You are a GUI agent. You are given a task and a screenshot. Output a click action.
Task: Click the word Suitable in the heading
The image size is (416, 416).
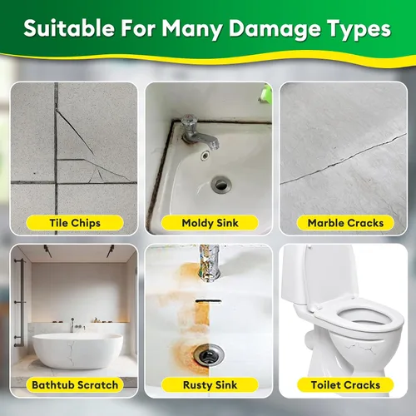pyautogui.click(x=69, y=28)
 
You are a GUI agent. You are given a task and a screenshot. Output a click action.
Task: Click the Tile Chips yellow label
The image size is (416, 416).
pyautogui.click(x=75, y=223)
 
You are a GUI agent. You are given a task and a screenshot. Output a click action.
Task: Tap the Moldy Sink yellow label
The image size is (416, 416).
pyautogui.click(x=210, y=223)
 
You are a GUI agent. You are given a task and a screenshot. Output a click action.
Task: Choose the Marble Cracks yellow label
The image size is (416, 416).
pyautogui.click(x=345, y=223)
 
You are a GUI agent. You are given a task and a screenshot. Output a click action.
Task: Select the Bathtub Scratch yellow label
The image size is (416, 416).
pyautogui.click(x=75, y=385)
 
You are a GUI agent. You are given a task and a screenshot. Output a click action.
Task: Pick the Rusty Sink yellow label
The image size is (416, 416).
pyautogui.click(x=210, y=385)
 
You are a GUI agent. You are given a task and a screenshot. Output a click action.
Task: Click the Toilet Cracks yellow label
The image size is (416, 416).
pyautogui.click(x=345, y=385)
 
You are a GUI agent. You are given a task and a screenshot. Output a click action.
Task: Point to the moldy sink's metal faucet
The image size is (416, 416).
pyautogui.click(x=198, y=133)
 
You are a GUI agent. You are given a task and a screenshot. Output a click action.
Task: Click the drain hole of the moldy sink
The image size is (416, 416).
pyautogui.click(x=221, y=184)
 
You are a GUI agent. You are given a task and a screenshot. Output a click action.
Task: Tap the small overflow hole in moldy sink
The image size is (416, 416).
pyautogui.click(x=206, y=156)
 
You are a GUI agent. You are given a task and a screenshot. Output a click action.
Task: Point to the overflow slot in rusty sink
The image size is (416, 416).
pyautogui.click(x=208, y=301)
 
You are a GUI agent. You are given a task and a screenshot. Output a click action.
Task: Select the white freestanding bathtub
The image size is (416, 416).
pyautogui.click(x=77, y=351)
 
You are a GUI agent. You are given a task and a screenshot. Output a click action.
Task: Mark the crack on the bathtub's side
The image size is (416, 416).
pyautogui.click(x=71, y=353)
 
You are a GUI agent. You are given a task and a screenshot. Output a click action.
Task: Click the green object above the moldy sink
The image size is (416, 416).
pyautogui.click(x=265, y=94)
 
